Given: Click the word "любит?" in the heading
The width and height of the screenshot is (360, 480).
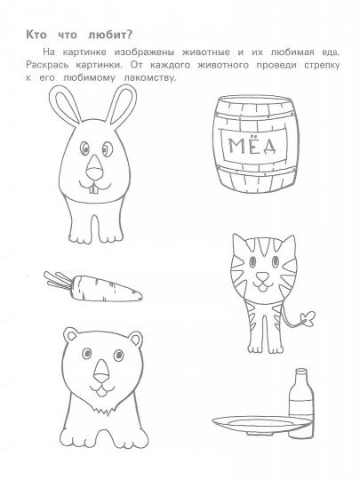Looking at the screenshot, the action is pos(110,36).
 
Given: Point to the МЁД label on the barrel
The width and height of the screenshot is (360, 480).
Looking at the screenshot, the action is pos(252,145).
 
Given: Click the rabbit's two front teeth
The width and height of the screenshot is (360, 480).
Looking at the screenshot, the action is pos(93,189).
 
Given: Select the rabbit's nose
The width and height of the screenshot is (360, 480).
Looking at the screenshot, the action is pos(94,168).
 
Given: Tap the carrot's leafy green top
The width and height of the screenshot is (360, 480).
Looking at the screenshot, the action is pos(58,280).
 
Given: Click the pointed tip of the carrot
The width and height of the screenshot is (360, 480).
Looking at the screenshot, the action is pos(141,296).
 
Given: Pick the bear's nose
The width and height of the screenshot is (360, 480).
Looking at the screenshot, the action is pos(101,370).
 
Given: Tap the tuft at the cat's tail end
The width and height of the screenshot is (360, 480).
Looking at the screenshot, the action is pos(308,319).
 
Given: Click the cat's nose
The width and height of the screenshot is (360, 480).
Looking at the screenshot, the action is pos(262,277).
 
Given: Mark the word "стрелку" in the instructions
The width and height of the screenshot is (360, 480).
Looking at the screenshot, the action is pos(322,66).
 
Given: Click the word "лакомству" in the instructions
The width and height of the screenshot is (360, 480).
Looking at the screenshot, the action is pos(150,78).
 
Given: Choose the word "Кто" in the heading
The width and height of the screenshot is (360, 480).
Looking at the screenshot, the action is pos(36,35).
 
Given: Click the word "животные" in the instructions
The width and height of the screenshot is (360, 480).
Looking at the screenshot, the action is pos(205,52).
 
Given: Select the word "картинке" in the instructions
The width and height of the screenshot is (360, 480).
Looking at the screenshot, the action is pos(84,52).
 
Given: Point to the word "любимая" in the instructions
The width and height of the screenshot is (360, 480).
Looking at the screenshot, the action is pos(292,52).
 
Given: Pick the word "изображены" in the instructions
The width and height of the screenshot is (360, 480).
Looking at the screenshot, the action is pos(144,52).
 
